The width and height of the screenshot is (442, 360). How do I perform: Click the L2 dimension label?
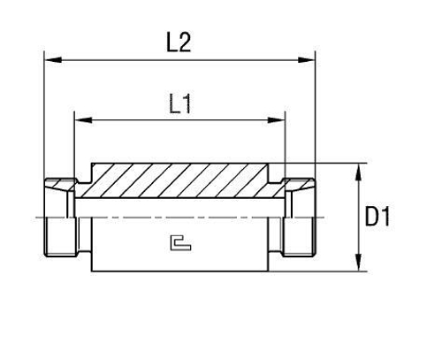pyautogui.click(x=179, y=42)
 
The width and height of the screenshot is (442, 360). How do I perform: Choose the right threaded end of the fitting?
pyautogui.click(x=299, y=217)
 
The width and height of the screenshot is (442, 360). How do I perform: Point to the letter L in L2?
pyautogui.click(x=171, y=42)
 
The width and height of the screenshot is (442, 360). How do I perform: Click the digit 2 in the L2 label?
pyautogui.click(x=187, y=42)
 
